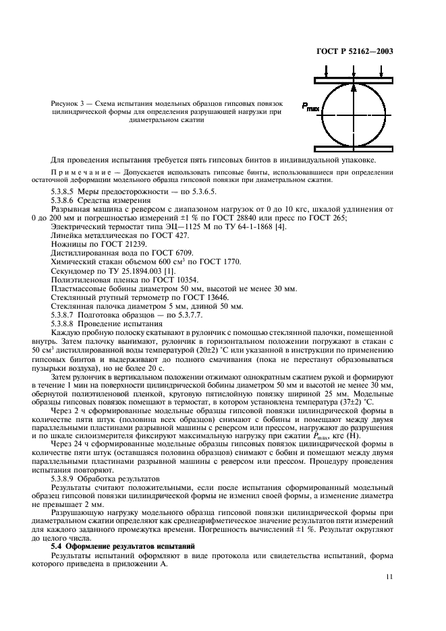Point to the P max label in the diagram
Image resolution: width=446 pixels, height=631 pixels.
310,107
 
